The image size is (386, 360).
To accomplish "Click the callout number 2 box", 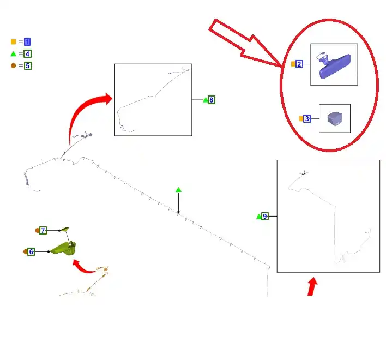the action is (x=299, y=64).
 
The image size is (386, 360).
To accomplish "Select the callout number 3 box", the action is (x=307, y=119).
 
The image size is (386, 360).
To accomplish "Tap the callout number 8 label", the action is (x=211, y=100).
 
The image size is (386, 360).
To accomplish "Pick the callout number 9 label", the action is (x=264, y=216).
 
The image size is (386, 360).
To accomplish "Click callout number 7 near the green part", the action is (x=43, y=231).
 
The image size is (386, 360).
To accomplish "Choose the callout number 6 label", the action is (x=31, y=251).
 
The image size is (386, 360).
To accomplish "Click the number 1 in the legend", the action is (x=27, y=42).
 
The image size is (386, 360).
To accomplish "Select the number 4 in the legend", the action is (x=28, y=53).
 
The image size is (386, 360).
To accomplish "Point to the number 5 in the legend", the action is (x=28, y=66).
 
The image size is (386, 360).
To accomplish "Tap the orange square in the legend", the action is (x=14, y=42).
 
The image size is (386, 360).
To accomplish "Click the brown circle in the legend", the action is (x=14, y=65).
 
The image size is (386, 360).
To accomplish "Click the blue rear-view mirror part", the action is (x=334, y=66).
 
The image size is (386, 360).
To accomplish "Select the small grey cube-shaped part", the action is (x=335, y=119).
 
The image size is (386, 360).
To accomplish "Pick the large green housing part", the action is (x=64, y=248).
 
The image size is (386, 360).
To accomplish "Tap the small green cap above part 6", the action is (x=65, y=229).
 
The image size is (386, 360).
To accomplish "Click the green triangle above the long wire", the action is (x=178, y=190).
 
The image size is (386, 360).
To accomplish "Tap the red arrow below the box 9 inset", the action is (x=312, y=286).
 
